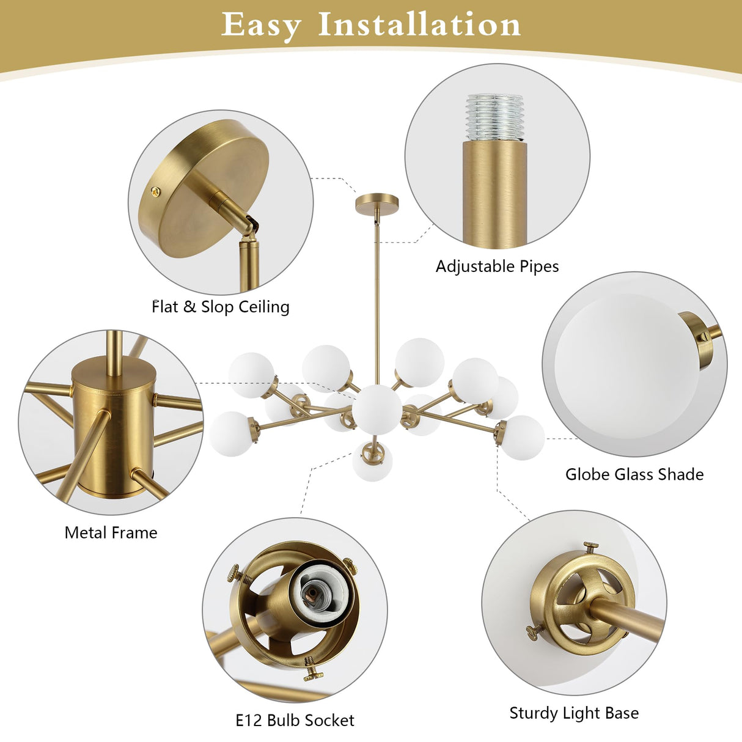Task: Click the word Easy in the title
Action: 261,26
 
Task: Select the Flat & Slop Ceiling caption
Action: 221,307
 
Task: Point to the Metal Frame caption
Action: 111,533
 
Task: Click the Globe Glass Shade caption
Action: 634,474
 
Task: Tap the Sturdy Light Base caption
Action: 574,702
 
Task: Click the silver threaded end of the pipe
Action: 495,117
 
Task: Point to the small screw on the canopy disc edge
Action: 156,191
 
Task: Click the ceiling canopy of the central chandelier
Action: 377,204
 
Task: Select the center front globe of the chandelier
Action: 377,410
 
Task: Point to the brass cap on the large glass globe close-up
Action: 696,340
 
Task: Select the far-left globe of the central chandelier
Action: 231,434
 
